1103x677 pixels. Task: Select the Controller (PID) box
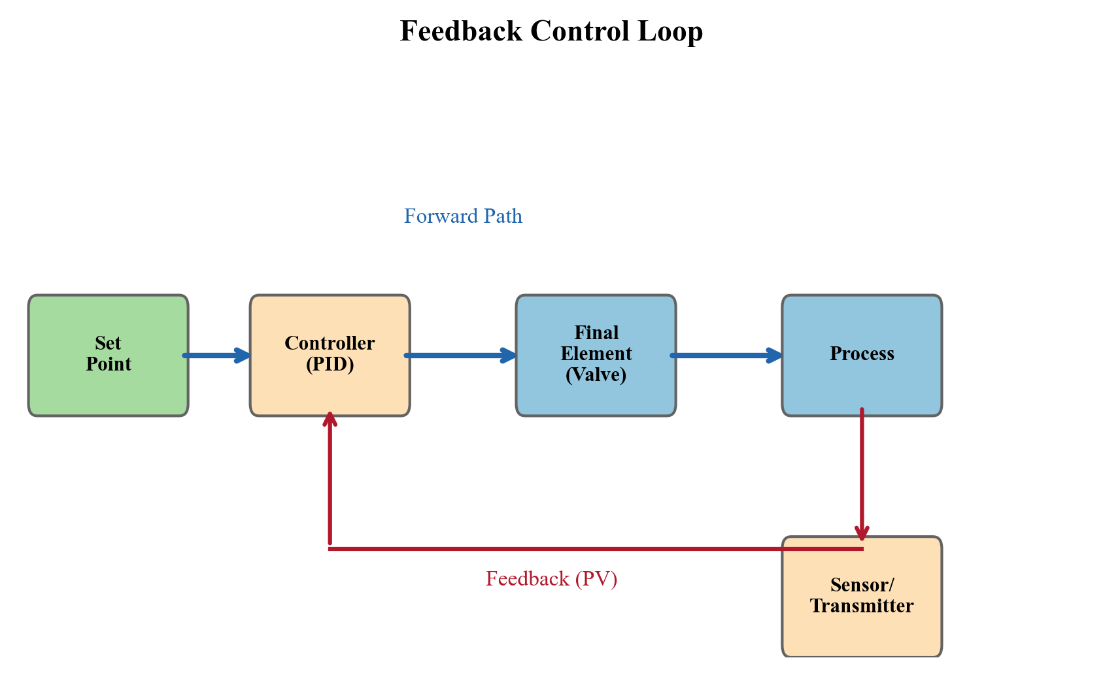click(330, 389)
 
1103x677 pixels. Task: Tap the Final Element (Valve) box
click(596, 399)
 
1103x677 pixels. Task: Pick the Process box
click(862, 386)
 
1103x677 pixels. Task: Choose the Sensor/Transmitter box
click(862, 631)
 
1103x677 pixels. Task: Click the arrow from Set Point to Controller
click(216, 355)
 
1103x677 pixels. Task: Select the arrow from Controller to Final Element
click(458, 355)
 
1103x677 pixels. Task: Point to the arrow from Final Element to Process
click(726, 355)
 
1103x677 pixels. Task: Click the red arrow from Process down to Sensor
click(862, 471)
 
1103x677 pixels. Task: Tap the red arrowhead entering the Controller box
click(330, 420)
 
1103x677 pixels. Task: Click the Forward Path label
click(463, 216)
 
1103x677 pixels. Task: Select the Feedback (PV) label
click(551, 579)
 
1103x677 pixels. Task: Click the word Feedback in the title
click(460, 31)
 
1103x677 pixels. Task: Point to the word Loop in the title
click(670, 31)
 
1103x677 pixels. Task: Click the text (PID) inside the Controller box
click(330, 365)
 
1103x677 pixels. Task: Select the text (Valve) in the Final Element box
click(596, 375)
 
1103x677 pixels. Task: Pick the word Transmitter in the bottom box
click(862, 606)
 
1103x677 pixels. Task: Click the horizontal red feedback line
click(556, 549)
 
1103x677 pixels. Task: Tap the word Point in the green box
click(109, 365)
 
